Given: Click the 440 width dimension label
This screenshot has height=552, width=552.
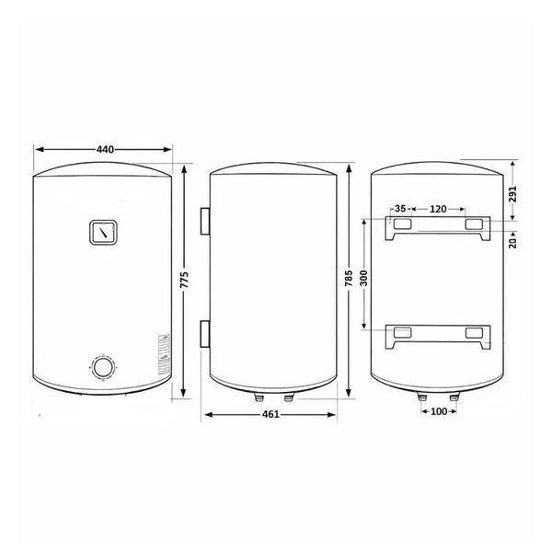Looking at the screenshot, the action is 105,150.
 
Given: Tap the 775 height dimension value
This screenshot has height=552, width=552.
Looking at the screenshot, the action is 185,280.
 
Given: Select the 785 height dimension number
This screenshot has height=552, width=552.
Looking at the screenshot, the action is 349,278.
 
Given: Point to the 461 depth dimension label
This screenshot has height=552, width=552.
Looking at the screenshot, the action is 270,414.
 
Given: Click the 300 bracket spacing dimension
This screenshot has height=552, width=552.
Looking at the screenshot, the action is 364,278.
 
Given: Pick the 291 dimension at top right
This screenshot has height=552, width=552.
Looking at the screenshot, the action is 513,194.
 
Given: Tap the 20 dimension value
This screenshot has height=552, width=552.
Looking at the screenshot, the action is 513,243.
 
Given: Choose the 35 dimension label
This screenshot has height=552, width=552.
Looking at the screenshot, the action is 400,209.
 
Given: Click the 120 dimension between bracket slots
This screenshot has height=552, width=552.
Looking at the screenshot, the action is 438,209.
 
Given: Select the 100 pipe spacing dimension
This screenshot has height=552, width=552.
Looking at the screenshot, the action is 439,411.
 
